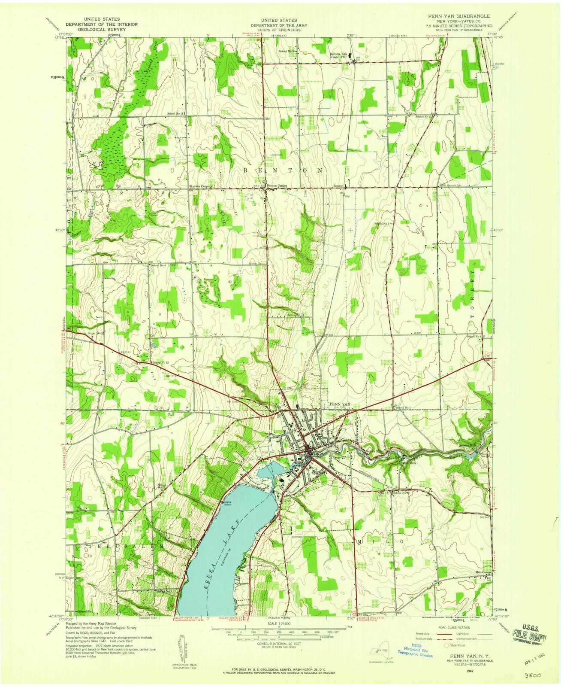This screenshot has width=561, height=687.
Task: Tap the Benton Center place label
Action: point(276,186)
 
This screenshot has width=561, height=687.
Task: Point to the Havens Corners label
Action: point(201,186)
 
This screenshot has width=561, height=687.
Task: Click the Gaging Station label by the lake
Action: point(226,503)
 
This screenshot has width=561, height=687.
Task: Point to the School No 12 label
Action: point(163,363)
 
